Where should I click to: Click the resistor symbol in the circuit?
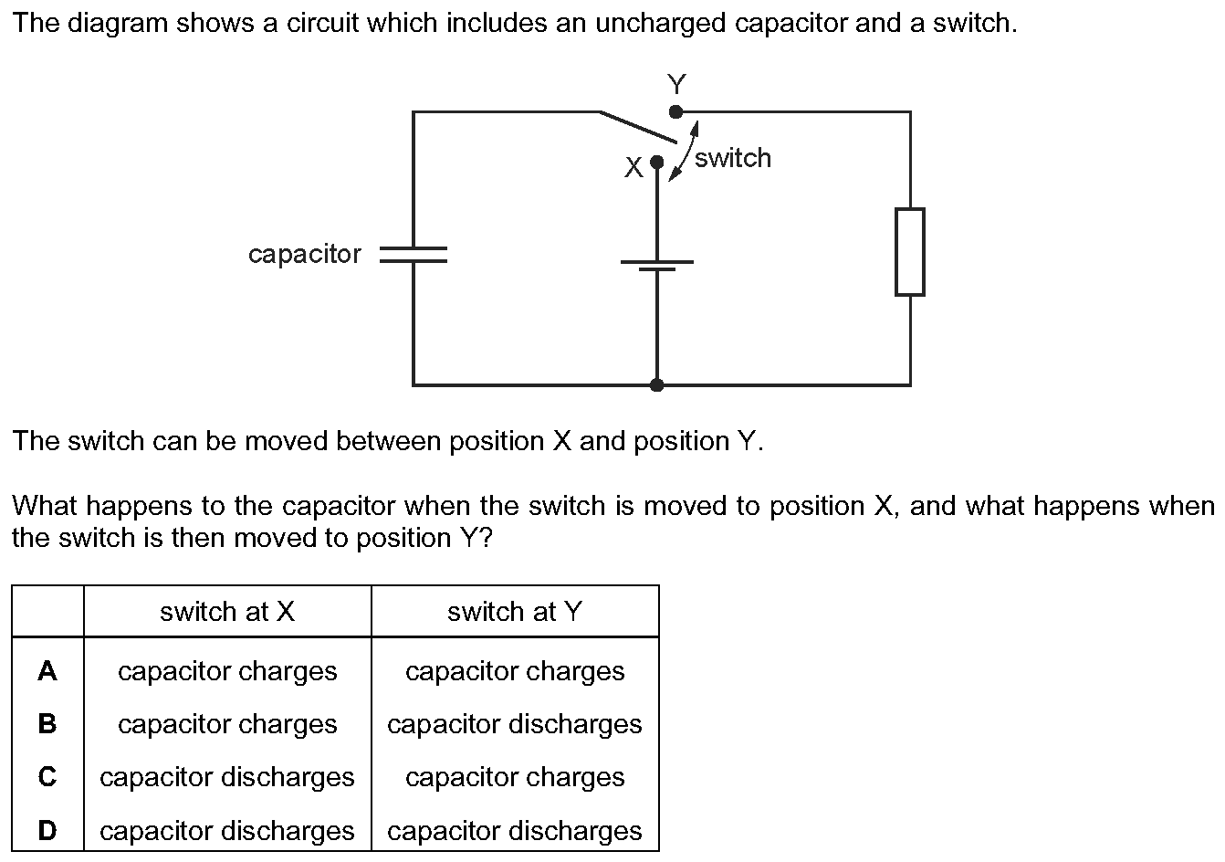(910, 252)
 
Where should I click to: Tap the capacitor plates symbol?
(414, 255)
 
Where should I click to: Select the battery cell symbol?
(657, 266)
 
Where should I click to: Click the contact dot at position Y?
(675, 112)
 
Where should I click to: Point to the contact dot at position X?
(657, 162)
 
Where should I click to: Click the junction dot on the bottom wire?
(657, 385)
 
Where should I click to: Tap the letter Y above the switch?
(676, 85)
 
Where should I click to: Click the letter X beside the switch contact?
(633, 167)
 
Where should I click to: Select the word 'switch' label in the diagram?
(733, 158)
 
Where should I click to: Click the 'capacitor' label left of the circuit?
(305, 255)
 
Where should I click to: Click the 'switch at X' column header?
(227, 612)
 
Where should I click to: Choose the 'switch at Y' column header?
(515, 612)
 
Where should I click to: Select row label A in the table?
(47, 671)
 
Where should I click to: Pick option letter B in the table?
(47, 724)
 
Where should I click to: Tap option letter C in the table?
(47, 777)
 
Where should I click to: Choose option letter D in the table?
(47, 830)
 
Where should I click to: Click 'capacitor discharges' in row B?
(515, 725)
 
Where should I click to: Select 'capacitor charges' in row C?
(515, 778)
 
